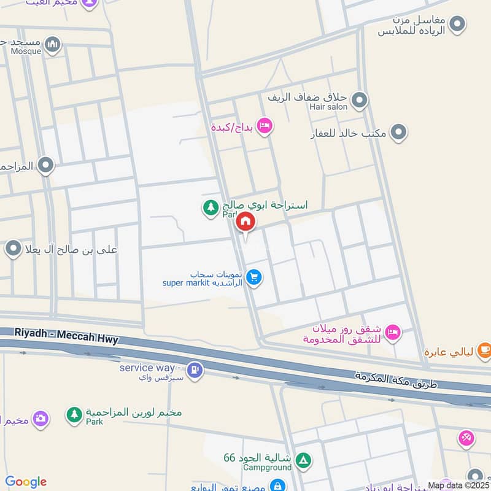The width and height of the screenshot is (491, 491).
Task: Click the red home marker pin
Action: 245,222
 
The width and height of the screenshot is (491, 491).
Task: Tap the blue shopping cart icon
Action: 254,278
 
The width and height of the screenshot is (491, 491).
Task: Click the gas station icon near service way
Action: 195,370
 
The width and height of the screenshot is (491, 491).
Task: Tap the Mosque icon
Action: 53,44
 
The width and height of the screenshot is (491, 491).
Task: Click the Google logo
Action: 26,482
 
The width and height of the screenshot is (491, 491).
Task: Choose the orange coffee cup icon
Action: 484,350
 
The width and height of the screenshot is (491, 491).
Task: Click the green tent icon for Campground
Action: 303,460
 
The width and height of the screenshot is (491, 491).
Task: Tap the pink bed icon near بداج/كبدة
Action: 265,126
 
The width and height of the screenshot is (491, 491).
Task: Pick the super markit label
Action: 203,283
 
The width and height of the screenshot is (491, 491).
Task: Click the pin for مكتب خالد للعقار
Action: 399,131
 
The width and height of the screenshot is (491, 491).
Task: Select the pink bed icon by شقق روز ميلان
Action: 393,332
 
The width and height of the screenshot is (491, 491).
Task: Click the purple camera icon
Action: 41,419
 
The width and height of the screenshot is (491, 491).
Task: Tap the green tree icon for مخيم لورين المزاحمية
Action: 74,414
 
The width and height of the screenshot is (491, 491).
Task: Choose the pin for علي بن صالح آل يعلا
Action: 14,249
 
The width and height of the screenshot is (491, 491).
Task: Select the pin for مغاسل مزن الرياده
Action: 457,25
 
